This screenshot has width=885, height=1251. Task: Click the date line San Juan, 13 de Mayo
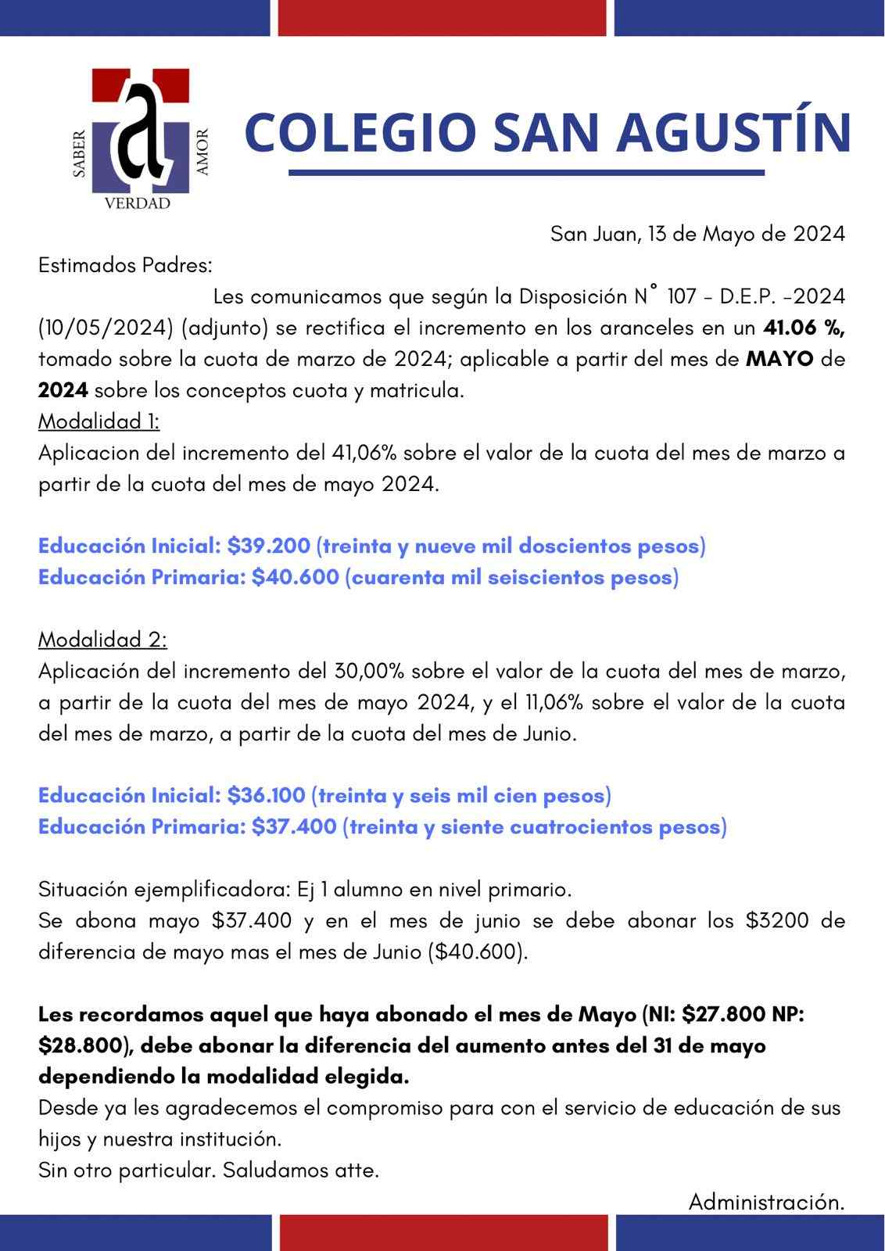pos(697,235)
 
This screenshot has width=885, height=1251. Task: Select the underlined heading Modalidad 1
pos(99,422)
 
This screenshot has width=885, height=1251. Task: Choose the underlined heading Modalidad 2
pos(102,640)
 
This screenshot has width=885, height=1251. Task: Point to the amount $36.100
pos(267,796)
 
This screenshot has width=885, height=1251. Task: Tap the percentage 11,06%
pos(554,702)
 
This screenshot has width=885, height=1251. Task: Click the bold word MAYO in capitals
pos(779,360)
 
